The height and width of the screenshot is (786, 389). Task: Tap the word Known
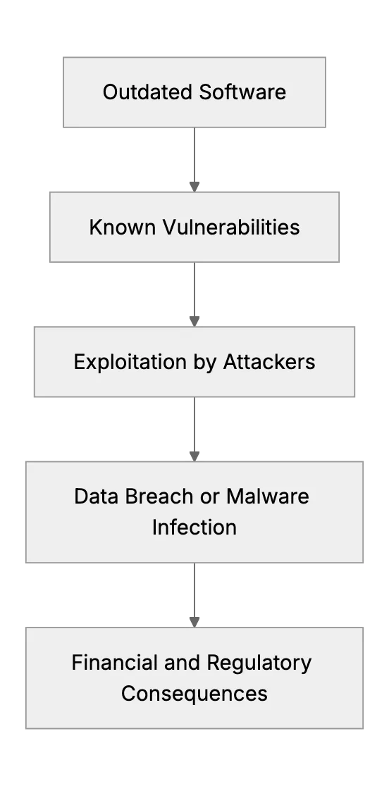click(x=123, y=227)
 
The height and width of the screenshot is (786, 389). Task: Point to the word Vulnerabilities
click(x=231, y=227)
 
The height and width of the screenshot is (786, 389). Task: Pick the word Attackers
click(x=269, y=362)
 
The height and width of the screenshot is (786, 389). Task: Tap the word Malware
click(x=268, y=497)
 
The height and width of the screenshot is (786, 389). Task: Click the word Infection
click(x=194, y=528)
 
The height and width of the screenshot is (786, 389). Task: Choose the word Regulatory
click(x=259, y=663)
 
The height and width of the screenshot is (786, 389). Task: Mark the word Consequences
click(x=194, y=694)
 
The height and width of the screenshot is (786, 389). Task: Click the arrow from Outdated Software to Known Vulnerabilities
click(x=194, y=159)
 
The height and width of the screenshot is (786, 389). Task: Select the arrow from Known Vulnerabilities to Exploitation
click(x=194, y=294)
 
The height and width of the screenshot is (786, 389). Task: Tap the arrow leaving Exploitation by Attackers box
click(x=194, y=429)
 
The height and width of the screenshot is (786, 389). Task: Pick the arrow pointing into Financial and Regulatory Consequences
click(x=194, y=595)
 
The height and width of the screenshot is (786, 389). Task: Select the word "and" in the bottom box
click(x=184, y=663)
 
